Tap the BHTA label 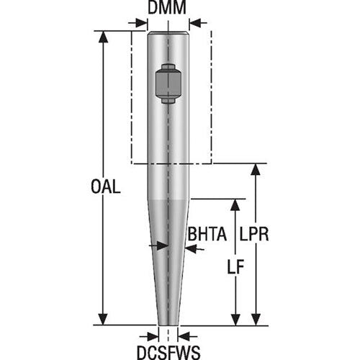tap(207, 234)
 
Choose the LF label tap(234, 265)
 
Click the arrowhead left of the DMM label tap(142, 24)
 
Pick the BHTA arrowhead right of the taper tap(189, 247)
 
